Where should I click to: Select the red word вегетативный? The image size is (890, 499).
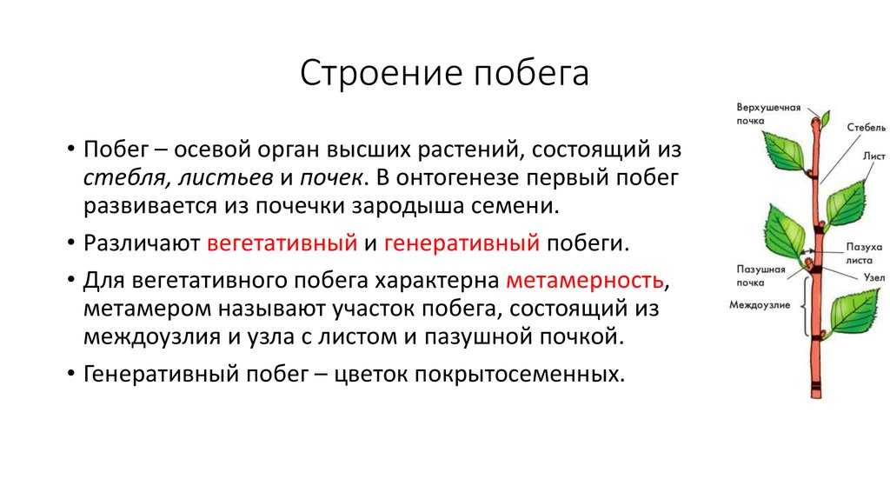point(282,243)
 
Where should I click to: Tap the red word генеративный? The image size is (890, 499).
point(462,243)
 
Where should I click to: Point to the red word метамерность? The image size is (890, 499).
point(585,280)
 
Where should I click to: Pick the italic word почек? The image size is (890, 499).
point(331,178)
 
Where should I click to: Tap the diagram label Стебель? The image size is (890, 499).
point(867,128)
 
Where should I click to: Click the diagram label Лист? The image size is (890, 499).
point(874,156)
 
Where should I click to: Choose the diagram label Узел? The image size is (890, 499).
point(874,277)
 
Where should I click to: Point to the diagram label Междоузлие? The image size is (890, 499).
point(760,305)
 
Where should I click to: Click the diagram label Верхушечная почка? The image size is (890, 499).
point(768,114)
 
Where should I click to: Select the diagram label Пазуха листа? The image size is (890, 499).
point(863,253)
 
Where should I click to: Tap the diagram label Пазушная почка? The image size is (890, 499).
point(760,276)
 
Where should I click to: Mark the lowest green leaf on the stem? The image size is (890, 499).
point(853,312)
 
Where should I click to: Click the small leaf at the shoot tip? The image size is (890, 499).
point(826,118)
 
